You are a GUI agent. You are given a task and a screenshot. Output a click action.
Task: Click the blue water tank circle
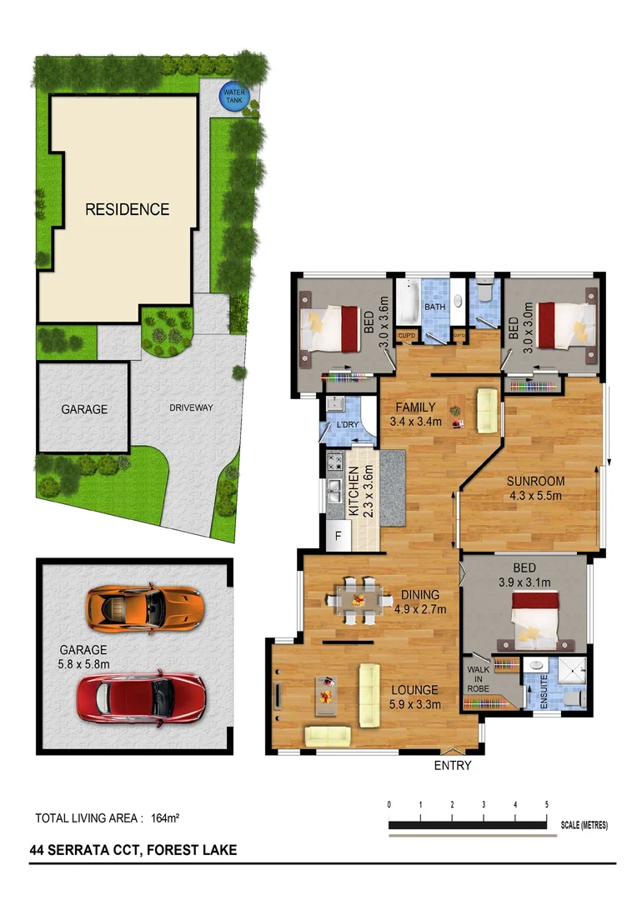point(233,97)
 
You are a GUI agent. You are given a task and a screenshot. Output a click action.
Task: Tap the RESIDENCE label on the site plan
point(127,209)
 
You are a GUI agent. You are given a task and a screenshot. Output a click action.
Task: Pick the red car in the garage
point(141,697)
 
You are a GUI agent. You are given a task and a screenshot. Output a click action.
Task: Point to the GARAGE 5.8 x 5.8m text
point(84,657)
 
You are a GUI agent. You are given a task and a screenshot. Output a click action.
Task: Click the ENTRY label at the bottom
point(453,765)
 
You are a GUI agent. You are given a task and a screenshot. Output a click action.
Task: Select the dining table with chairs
point(359,599)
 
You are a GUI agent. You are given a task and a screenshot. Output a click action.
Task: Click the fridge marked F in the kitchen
point(339,536)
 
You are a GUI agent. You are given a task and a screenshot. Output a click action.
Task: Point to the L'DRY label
point(347,425)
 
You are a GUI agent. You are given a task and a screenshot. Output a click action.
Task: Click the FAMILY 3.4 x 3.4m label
point(415,414)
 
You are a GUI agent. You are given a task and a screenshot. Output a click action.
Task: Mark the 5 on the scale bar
point(546,804)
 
